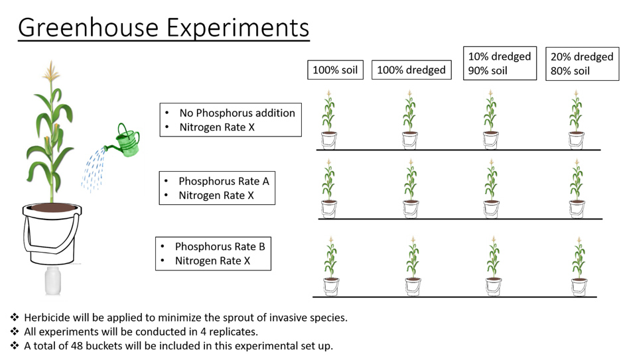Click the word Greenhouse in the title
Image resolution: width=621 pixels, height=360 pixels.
pyautogui.click(x=88, y=28)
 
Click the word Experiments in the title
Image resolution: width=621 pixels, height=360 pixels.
pyautogui.click(x=238, y=29)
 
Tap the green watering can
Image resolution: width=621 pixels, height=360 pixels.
pyautogui.click(x=125, y=141)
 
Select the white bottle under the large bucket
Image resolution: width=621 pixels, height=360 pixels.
pyautogui.click(x=52, y=280)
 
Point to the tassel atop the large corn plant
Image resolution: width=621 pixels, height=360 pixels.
pyautogui.click(x=50, y=71)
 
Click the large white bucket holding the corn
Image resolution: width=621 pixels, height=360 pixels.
pyautogui.click(x=52, y=234)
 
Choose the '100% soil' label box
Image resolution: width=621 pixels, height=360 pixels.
pyautogui.click(x=336, y=70)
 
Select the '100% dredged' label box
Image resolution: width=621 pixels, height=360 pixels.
pyautogui.click(x=411, y=70)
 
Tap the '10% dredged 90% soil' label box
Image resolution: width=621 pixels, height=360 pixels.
pyautogui.click(x=500, y=63)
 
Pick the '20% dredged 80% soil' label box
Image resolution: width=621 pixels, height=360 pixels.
pyautogui.click(x=583, y=64)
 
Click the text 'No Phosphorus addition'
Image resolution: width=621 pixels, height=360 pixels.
pyautogui.click(x=238, y=113)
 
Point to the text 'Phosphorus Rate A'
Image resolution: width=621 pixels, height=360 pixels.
pyautogui.click(x=224, y=181)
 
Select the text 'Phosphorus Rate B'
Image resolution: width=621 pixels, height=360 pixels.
pyautogui.click(x=220, y=247)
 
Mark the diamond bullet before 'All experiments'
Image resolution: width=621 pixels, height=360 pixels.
pyautogui.click(x=15, y=331)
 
